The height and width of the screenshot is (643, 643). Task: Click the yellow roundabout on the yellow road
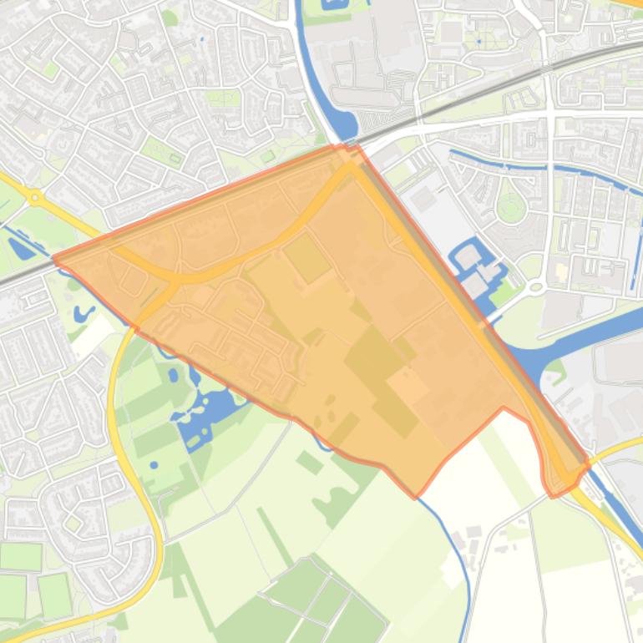tap(34, 198)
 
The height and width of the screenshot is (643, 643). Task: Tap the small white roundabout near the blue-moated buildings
tap(535, 286)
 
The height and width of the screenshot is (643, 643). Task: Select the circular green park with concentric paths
tap(509, 205)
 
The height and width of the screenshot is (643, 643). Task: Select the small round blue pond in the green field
tap(154, 464)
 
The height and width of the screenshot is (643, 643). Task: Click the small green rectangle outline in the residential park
tap(175, 158)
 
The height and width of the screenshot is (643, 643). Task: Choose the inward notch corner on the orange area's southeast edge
tap(503, 408)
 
